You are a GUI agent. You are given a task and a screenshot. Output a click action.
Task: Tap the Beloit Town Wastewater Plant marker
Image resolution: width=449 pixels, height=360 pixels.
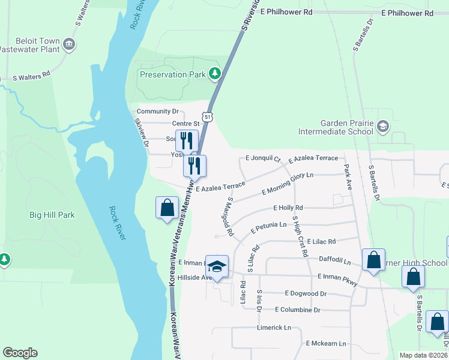pyautogui.click(x=69, y=44)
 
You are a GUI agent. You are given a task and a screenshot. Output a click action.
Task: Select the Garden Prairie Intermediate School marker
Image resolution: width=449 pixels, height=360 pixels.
pyautogui.click(x=383, y=126)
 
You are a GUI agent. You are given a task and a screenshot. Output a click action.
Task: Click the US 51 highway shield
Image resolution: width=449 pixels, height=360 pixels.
pyautogui.click(x=207, y=116)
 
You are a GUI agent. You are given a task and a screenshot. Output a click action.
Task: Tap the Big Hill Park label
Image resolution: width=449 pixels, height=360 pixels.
pyautogui.click(x=52, y=215)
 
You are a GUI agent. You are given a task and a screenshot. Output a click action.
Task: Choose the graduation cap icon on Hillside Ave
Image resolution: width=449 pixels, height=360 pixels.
pyautogui.click(x=218, y=267)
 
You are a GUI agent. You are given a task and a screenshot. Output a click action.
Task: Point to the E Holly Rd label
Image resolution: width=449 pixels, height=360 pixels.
pyautogui.click(x=288, y=208)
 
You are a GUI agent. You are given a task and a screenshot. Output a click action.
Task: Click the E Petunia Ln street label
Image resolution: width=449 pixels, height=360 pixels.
pyautogui.click(x=269, y=225)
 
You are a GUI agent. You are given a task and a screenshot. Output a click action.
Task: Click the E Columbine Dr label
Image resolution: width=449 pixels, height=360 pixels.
pyautogui.click(x=298, y=310)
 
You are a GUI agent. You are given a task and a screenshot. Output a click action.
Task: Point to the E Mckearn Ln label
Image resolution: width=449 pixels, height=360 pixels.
pyautogui.click(x=326, y=343)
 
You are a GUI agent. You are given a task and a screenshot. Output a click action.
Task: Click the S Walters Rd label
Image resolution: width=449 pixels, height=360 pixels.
pyautogui.click(x=31, y=78)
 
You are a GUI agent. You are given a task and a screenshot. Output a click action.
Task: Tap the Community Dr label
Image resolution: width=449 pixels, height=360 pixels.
pyautogui.click(x=158, y=112)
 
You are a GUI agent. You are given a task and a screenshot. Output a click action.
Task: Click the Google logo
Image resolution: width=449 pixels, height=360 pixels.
pyautogui.click(x=20, y=353)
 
